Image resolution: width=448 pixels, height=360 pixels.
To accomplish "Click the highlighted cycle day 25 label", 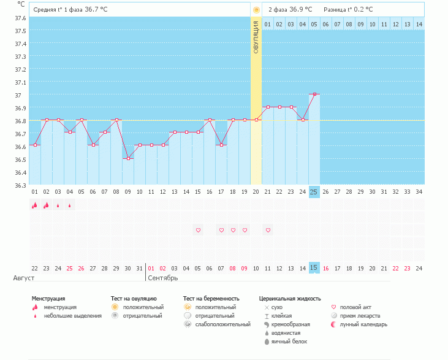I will (x=314, y=192).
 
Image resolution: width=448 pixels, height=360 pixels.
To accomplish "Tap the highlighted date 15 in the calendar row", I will (x=314, y=268).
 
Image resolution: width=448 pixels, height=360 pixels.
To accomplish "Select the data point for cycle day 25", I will (x=314, y=94).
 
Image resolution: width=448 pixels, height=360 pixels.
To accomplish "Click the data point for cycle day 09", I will (x=127, y=159).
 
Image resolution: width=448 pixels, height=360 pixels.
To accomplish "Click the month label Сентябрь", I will (x=162, y=278).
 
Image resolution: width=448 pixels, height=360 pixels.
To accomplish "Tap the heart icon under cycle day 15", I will (x=197, y=230).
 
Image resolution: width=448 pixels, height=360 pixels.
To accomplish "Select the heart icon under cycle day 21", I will (x=267, y=230).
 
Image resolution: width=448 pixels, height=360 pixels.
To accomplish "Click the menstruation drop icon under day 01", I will (x=34, y=205).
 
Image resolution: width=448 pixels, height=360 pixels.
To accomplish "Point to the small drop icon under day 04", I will (x=69, y=205).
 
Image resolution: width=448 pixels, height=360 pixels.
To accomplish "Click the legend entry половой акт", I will (x=356, y=307).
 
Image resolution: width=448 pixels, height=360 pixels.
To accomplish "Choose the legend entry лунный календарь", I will (x=362, y=324).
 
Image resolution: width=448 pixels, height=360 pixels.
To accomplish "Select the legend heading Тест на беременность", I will (x=211, y=298).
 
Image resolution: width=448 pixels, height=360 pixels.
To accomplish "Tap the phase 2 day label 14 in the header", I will (x=419, y=24).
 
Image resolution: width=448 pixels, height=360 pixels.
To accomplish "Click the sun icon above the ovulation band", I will (x=256, y=10).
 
